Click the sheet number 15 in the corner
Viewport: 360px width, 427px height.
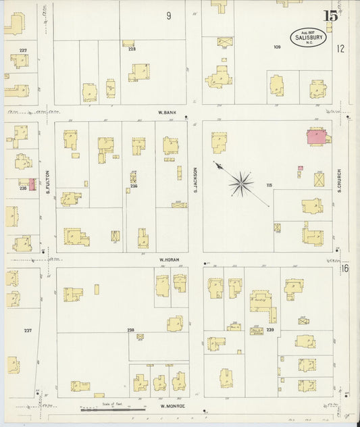(330, 16)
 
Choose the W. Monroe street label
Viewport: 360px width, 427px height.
(172, 406)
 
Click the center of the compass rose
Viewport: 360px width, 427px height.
(240, 182)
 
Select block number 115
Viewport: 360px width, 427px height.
(269, 184)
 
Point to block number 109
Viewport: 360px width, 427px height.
(277, 47)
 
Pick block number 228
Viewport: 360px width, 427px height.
(132, 49)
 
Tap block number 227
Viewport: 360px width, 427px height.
(23, 51)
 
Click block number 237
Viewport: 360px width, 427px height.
(28, 330)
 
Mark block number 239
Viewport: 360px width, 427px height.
(270, 330)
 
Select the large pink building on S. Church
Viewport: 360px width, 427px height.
(317, 137)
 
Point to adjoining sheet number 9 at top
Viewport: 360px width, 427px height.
(168, 16)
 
